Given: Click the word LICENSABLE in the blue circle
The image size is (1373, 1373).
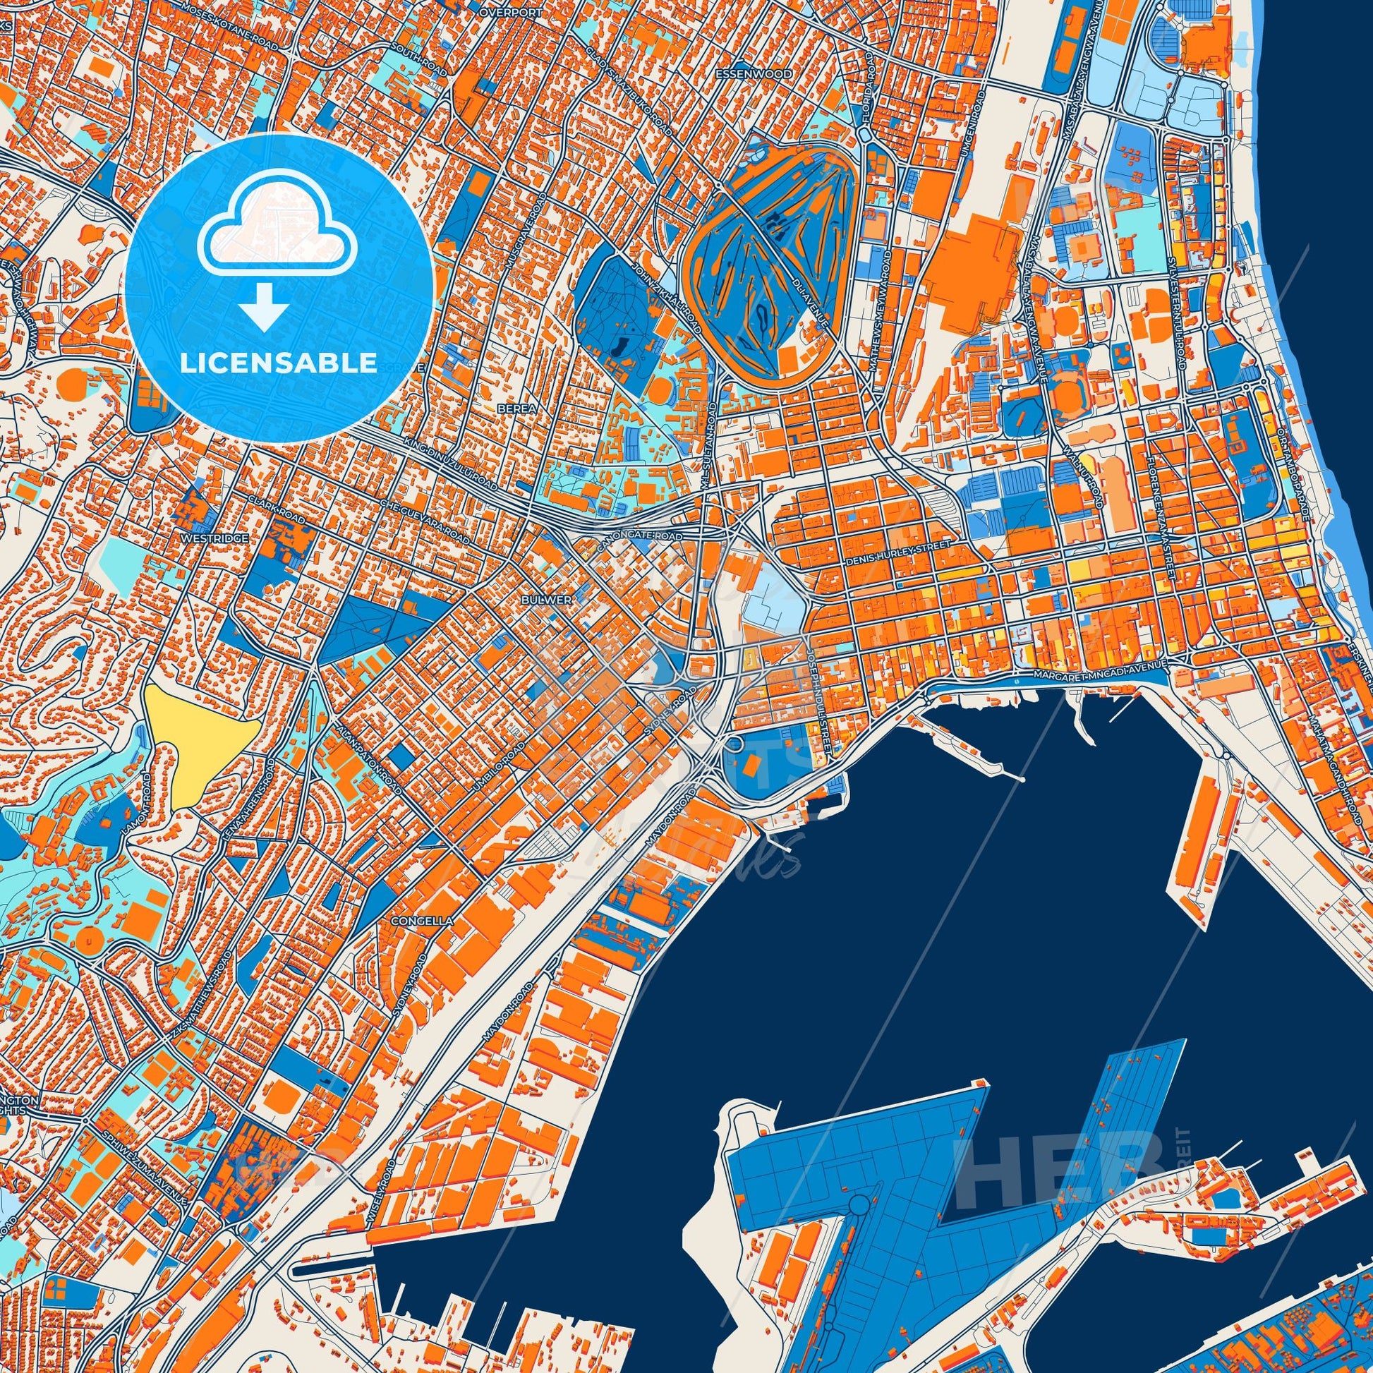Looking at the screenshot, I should pos(279,363).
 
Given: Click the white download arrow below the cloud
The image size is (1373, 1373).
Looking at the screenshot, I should pos(264,306).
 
